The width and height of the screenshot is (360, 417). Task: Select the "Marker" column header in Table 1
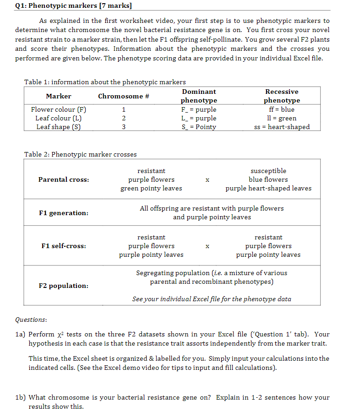click(59, 96)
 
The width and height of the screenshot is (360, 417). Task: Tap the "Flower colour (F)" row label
click(58, 109)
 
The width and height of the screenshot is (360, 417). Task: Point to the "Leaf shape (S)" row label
click(58, 127)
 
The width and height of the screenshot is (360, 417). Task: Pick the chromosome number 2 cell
click(123, 118)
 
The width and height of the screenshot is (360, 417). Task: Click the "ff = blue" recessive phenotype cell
click(281, 109)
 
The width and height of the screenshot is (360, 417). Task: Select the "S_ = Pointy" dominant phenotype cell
click(199, 127)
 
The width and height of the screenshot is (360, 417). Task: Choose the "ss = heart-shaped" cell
click(282, 127)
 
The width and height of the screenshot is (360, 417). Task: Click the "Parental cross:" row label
click(64, 179)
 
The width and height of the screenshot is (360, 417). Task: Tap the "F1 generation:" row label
click(64, 213)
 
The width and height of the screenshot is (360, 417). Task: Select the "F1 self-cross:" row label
click(64, 246)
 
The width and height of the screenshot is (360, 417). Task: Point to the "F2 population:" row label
click(64, 286)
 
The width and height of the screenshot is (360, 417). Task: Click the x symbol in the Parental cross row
click(207, 180)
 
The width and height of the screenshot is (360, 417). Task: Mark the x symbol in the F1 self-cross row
click(207, 246)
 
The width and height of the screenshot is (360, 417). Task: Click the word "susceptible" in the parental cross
click(268, 171)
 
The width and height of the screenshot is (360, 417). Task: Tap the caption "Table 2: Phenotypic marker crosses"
click(80, 154)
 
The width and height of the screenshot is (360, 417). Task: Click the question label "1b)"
click(21, 397)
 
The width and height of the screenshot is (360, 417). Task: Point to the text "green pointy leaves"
click(151, 188)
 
